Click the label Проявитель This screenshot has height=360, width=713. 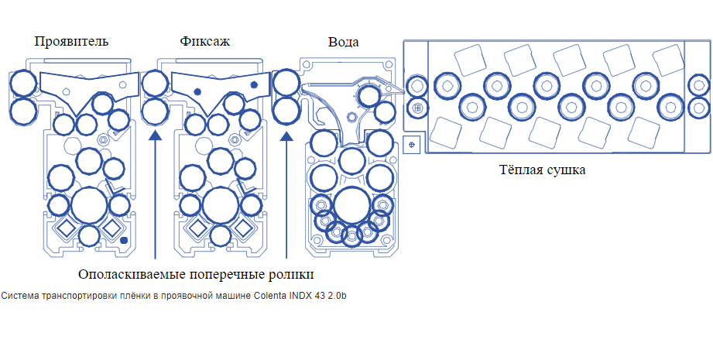click(x=71, y=41)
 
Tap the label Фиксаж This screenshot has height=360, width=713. click(x=204, y=41)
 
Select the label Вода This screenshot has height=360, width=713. click(x=343, y=42)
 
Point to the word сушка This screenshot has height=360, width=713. click(x=567, y=170)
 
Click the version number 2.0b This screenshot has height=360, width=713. click(x=337, y=296)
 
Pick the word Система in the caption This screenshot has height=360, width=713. click(x=17, y=296)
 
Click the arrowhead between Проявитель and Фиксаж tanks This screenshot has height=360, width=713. click(x=156, y=136)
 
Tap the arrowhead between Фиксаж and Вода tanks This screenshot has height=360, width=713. click(x=286, y=136)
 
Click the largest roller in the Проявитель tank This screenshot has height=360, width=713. click(x=90, y=206)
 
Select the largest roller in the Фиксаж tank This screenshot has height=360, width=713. click(x=221, y=206)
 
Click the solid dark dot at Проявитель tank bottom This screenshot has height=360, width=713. click(x=125, y=241)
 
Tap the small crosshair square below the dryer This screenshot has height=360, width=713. click(x=411, y=144)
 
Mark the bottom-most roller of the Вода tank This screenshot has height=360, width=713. click(x=352, y=234)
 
